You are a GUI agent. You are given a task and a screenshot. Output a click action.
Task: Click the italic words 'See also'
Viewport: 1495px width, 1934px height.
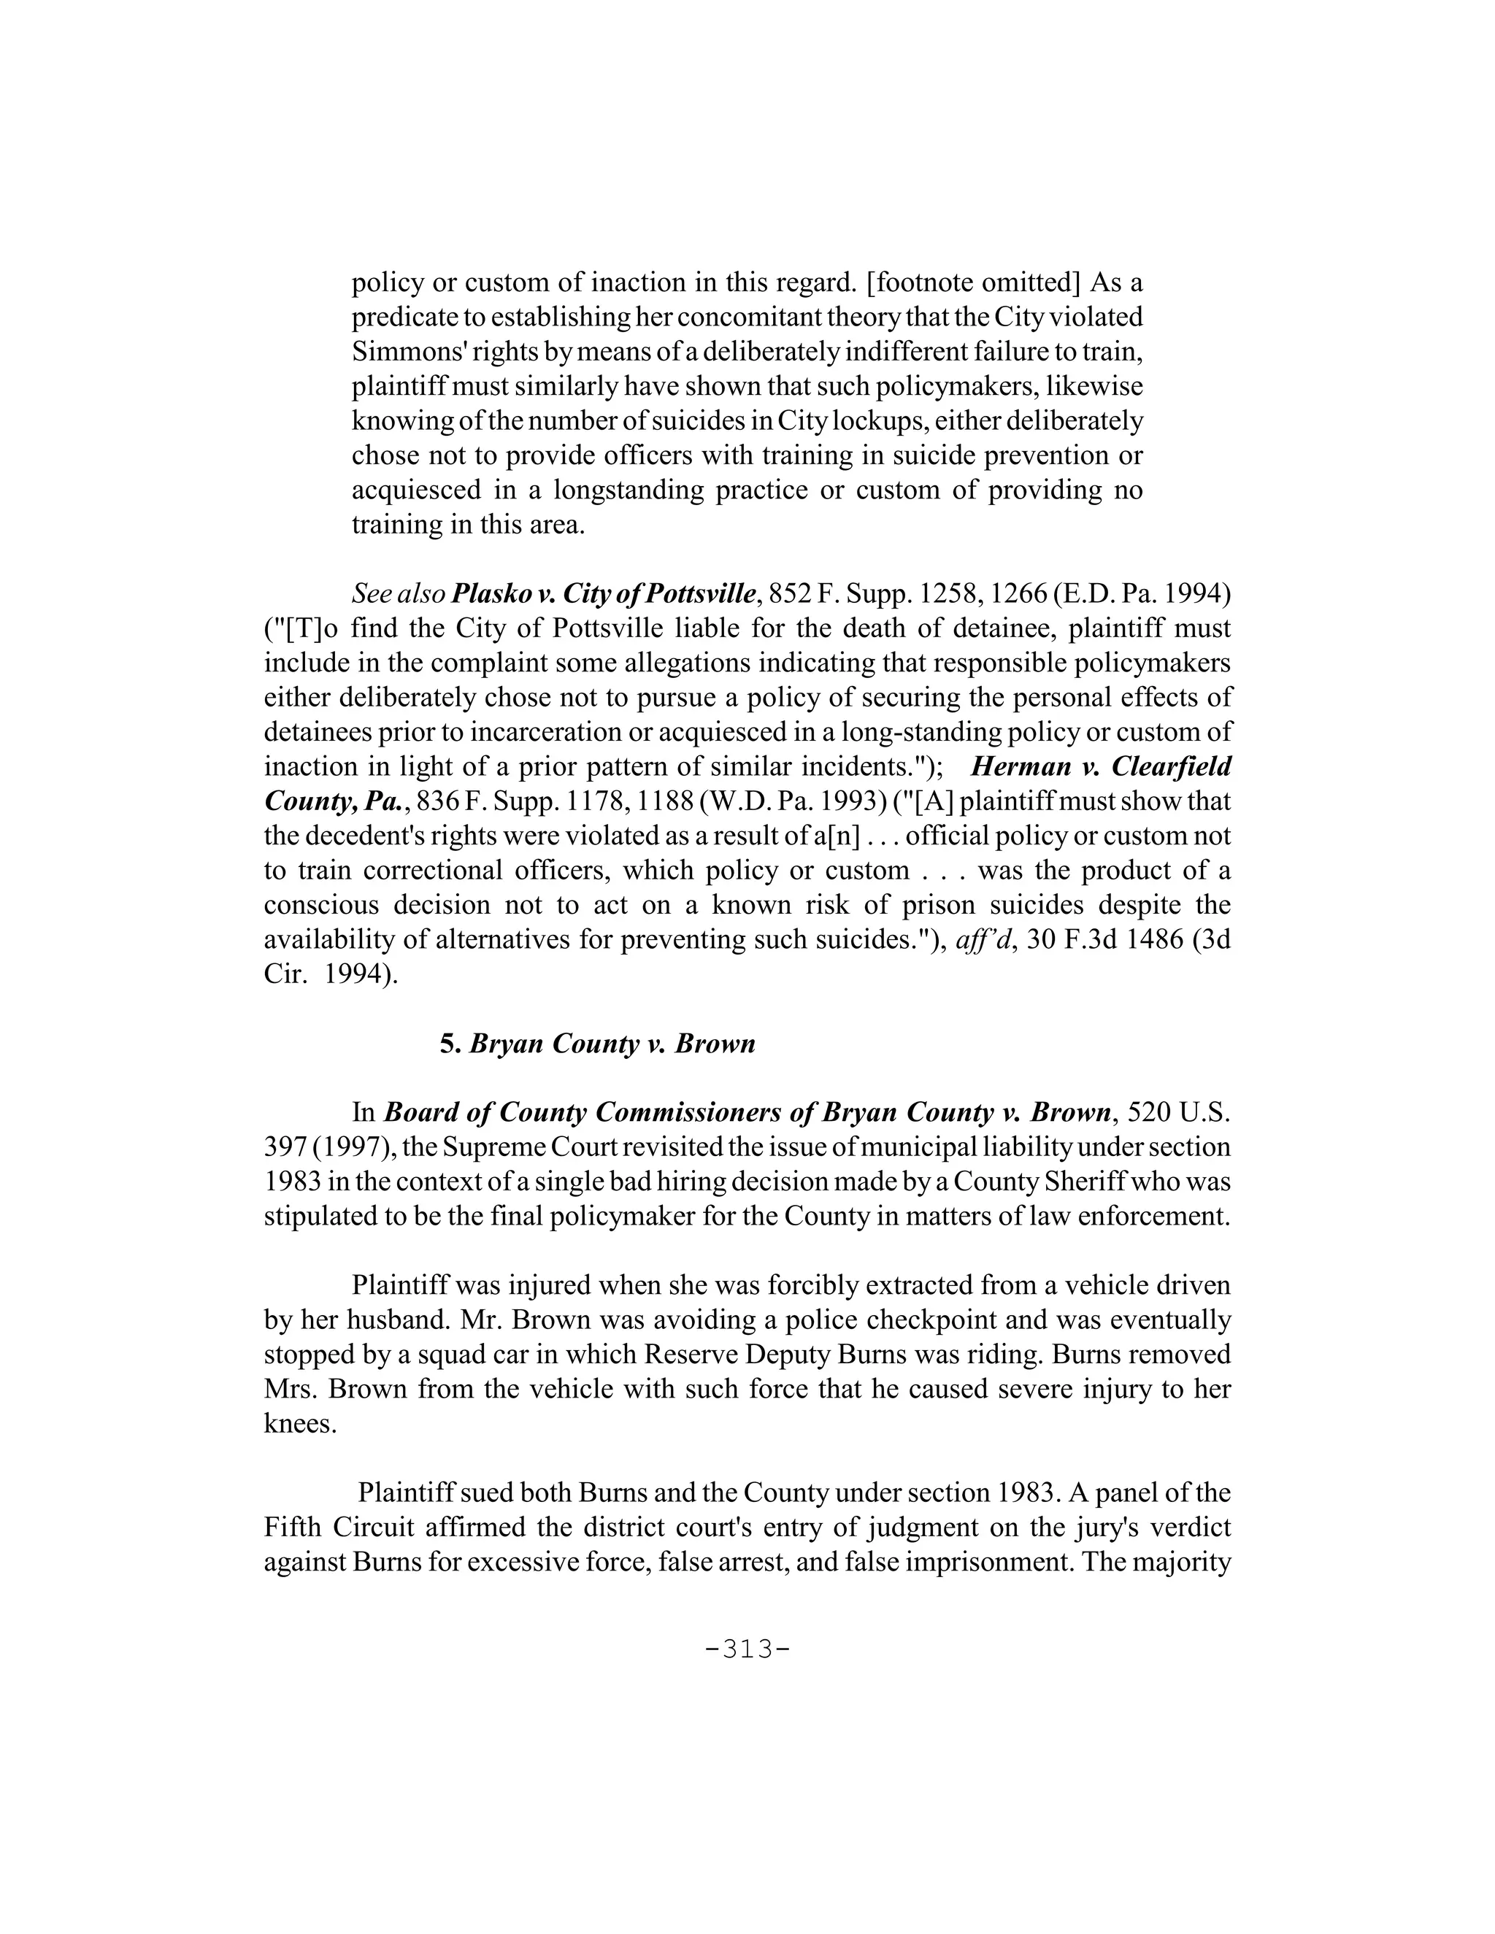(x=398, y=593)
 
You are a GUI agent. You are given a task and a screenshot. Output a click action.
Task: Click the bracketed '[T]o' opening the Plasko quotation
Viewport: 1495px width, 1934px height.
(x=301, y=628)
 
